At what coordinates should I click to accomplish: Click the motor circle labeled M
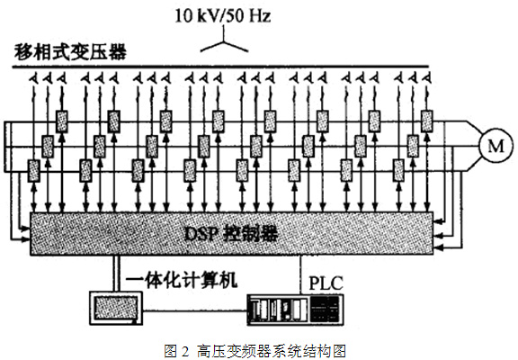[x=496, y=146]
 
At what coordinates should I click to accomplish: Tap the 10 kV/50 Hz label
[x=223, y=15]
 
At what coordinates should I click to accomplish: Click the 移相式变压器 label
[x=70, y=52]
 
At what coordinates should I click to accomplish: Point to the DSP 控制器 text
[x=230, y=234]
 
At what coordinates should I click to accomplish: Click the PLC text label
[x=326, y=283]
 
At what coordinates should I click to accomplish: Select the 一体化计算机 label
[x=182, y=280]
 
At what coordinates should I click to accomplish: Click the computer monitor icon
[x=116, y=308]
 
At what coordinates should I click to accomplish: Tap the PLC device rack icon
[x=295, y=310]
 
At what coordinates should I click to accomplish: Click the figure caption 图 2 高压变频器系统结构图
[x=255, y=351]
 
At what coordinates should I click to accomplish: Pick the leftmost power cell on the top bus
[x=62, y=121]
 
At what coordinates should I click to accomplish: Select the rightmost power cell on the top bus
[x=426, y=121]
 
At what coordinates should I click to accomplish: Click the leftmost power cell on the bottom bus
[x=33, y=170]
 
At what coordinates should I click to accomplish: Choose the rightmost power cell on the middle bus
[x=413, y=146]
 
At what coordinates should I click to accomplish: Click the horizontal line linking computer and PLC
[x=195, y=310]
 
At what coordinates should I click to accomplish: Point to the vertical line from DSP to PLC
[x=301, y=274]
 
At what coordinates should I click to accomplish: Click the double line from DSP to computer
[x=116, y=274]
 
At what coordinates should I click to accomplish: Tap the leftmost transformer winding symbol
[x=33, y=78]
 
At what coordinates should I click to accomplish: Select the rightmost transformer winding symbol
[x=427, y=78]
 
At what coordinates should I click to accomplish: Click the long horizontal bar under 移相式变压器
[x=220, y=67]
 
